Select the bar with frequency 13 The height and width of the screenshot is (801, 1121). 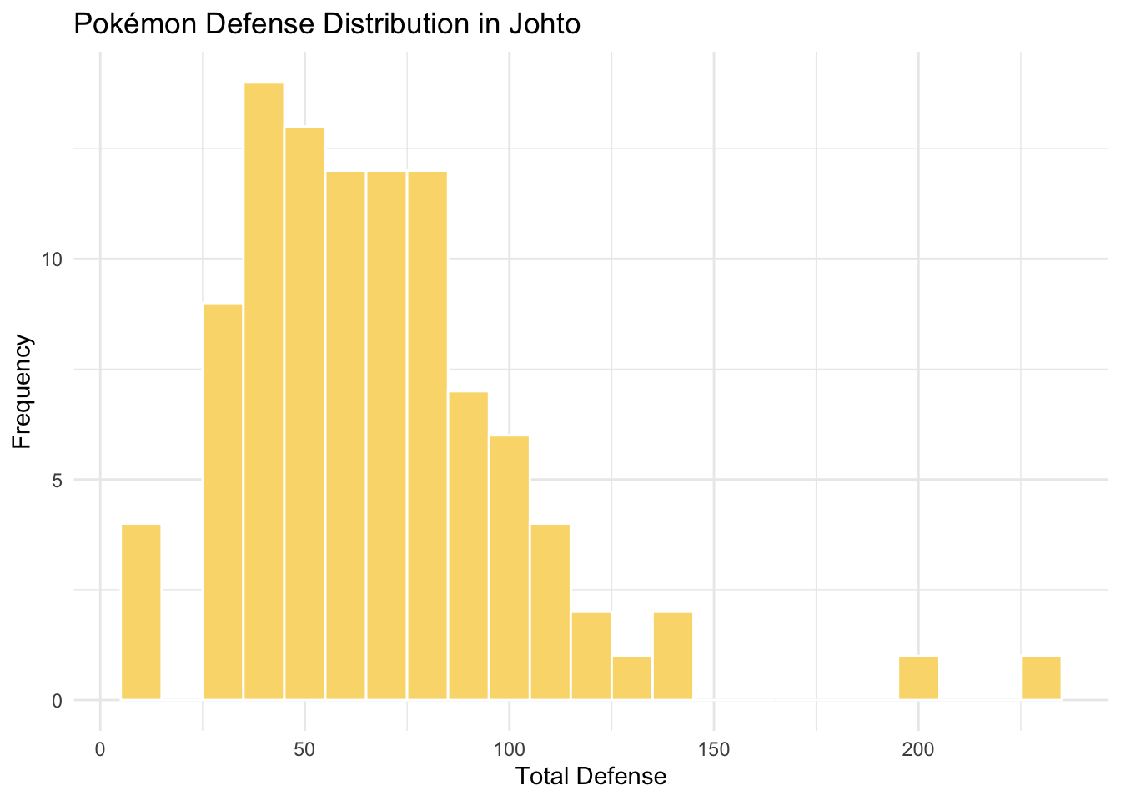click(x=304, y=413)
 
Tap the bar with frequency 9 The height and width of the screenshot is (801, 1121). click(x=223, y=501)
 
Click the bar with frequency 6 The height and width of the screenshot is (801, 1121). click(x=509, y=567)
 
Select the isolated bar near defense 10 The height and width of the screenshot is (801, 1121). click(x=141, y=612)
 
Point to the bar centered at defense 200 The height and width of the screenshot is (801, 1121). click(x=918, y=678)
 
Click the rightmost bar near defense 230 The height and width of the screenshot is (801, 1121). click(x=1041, y=678)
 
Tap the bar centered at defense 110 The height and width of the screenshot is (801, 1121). click(x=550, y=612)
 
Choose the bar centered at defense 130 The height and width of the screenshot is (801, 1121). click(x=631, y=678)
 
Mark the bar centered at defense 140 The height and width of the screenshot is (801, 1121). click(x=672, y=656)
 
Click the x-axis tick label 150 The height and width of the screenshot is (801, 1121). click(x=713, y=748)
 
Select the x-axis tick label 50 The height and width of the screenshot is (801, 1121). click(x=304, y=748)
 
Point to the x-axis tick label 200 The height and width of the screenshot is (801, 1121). click(x=918, y=748)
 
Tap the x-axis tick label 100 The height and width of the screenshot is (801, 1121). click(x=509, y=748)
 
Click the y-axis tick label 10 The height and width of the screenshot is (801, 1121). click(x=53, y=259)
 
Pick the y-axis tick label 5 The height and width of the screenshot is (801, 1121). click(x=58, y=481)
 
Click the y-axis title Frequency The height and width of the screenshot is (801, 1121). click(x=23, y=391)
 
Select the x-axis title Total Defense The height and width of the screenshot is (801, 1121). click(x=591, y=777)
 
